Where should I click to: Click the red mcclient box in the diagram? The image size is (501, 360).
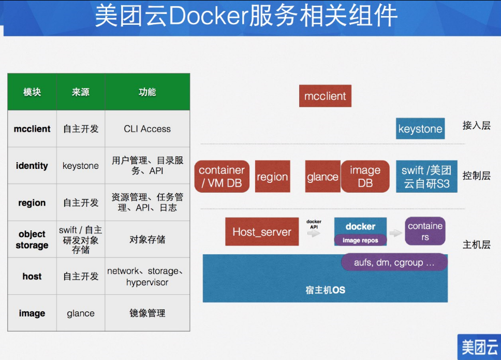[x=325, y=96]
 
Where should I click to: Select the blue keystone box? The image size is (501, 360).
[x=420, y=129]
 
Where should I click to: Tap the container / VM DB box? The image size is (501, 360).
[x=222, y=177]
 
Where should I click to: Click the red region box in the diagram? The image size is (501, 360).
[x=272, y=177]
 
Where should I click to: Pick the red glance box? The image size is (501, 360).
[x=322, y=177]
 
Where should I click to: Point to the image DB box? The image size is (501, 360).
[x=365, y=177]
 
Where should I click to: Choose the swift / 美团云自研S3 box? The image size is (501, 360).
[x=426, y=177]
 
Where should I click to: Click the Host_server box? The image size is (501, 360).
[x=262, y=232]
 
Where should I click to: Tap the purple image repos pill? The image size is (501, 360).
[x=360, y=240]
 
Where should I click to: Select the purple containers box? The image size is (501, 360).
[x=425, y=231]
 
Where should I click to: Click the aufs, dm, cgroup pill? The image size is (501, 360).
[x=394, y=263]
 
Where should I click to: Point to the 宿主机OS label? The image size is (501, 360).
[x=325, y=290]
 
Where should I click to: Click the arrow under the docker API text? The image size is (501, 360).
[x=314, y=234]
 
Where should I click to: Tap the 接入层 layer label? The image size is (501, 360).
[x=476, y=125]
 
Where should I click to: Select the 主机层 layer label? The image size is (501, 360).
[x=476, y=244]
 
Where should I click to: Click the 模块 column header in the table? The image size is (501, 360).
[x=32, y=92]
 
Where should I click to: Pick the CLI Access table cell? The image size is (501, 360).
[x=147, y=129]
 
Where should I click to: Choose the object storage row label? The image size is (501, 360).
[x=32, y=240]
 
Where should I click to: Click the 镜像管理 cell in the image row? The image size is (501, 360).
[x=147, y=313]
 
